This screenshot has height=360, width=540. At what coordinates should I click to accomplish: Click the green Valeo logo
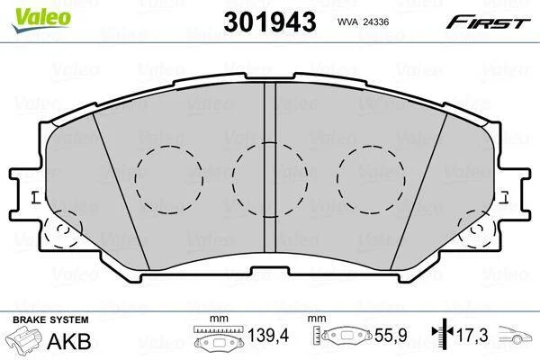click(x=41, y=19)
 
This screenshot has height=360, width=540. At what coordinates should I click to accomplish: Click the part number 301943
click(x=270, y=22)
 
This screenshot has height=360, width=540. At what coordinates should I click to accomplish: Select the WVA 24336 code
click(x=363, y=22)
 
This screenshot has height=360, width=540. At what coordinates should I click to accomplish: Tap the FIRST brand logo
click(x=488, y=22)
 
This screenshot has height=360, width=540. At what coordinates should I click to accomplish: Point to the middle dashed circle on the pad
click(x=233, y=179)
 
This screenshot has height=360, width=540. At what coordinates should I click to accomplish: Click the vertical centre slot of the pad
click(x=270, y=168)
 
